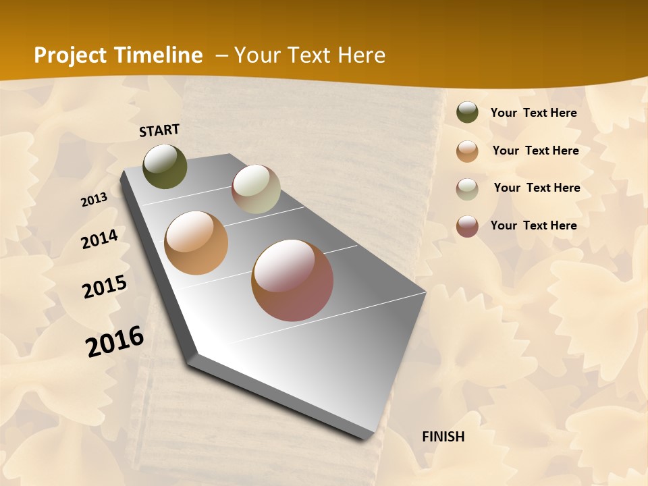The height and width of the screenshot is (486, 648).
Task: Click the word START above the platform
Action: point(159,130)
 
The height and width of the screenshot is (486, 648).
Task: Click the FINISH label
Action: point(443,437)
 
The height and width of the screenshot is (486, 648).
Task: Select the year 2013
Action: point(94,200)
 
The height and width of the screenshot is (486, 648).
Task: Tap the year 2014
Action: point(99,240)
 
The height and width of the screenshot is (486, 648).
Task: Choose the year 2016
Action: point(115,341)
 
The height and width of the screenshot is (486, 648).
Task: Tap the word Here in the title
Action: point(361,55)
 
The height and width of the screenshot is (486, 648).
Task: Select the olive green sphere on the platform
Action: point(165,166)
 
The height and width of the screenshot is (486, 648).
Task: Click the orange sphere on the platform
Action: point(196,243)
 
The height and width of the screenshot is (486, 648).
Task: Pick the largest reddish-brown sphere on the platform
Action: point(292,280)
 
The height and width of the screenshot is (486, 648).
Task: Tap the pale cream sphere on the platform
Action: point(256,189)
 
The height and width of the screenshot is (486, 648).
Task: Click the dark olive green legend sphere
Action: point(467,112)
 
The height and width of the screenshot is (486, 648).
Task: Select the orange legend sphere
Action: point(467,151)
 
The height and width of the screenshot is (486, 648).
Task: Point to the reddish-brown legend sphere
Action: point(467,226)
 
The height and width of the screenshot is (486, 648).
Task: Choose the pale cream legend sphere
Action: point(467,189)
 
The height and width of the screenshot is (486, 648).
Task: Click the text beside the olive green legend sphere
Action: point(533,113)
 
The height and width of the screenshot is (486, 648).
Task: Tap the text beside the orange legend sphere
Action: point(535,151)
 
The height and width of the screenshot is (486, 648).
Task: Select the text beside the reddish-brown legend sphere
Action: point(533,225)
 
